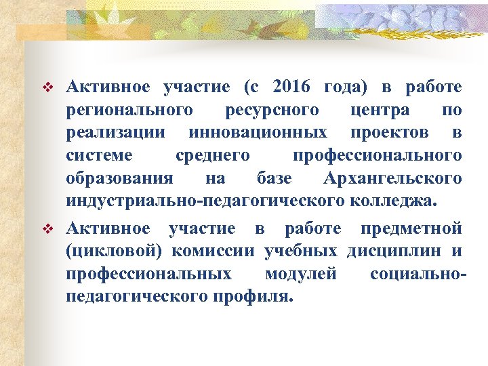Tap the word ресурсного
270,110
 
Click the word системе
100,156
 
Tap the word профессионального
378,156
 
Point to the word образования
119,179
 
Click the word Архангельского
392,179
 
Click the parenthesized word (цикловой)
115,251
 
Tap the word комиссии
213,251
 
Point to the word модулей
301,274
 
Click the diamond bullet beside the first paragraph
47,88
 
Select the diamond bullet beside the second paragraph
47,230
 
